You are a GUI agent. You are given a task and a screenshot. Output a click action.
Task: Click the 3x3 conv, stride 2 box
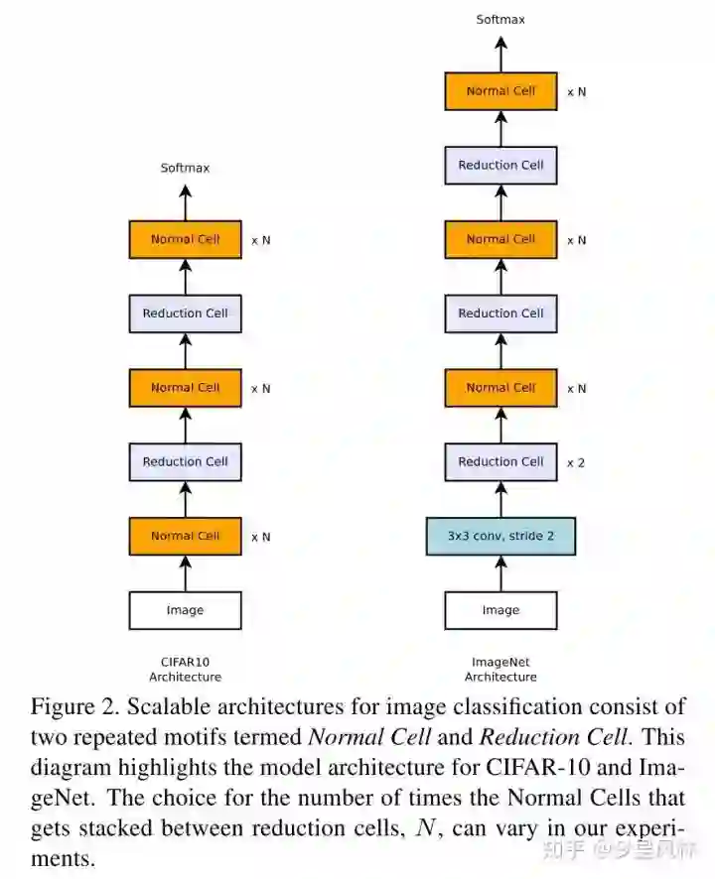click(x=500, y=536)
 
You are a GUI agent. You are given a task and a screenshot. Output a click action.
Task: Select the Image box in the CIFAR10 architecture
click(x=185, y=610)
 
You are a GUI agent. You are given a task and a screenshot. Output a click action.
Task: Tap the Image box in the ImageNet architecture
click(x=500, y=610)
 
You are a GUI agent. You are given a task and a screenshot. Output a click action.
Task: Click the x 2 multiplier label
click(x=575, y=462)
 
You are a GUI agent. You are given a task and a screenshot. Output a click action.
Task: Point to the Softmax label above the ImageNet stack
click(x=500, y=19)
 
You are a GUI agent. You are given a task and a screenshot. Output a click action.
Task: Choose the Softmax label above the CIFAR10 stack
click(x=185, y=168)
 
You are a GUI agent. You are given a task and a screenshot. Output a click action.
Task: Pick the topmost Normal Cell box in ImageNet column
click(x=500, y=91)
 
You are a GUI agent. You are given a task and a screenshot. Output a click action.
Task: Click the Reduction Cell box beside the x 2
click(x=500, y=461)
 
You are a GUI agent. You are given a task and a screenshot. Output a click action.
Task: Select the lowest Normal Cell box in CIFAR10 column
click(x=185, y=536)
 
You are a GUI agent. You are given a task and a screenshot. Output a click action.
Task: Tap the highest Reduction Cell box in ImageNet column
click(x=500, y=165)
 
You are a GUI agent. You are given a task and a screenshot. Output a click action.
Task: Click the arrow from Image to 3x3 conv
click(x=500, y=573)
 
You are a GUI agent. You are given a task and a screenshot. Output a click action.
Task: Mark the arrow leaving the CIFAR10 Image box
click(x=185, y=573)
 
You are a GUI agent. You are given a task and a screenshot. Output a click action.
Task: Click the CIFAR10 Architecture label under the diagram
click(x=185, y=669)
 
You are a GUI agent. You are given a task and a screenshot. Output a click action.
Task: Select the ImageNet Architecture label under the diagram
click(x=500, y=669)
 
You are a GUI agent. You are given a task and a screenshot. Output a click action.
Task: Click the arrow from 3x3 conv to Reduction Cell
click(x=500, y=499)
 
